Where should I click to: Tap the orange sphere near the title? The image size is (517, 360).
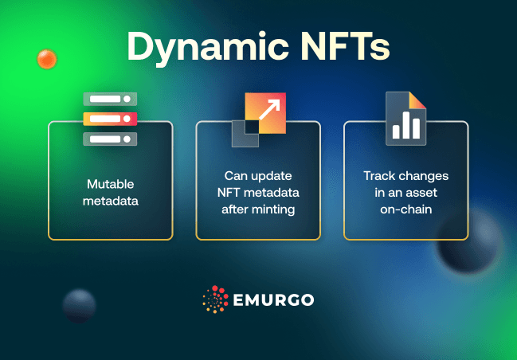47,58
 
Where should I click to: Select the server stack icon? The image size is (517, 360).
110,119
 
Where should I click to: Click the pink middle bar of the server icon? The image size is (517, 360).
110,119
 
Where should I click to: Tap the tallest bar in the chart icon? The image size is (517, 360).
406,123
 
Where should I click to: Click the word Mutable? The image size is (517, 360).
110,183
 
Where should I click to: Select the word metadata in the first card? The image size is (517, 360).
110,201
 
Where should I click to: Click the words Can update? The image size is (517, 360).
258,175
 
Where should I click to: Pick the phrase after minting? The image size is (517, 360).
258,209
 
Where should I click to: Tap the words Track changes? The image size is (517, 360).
405,175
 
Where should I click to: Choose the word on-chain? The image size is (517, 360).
405,209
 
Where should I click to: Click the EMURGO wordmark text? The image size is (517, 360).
274,300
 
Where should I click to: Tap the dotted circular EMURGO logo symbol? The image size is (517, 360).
216,300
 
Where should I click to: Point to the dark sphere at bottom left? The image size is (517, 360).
80,306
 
